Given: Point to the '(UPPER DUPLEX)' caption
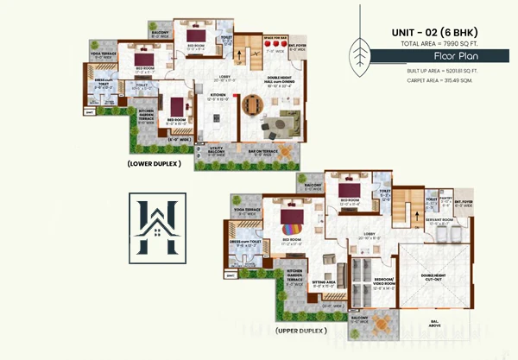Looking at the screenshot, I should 300,331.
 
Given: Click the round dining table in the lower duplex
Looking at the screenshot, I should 250,104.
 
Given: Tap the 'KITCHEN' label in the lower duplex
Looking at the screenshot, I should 217,94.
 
